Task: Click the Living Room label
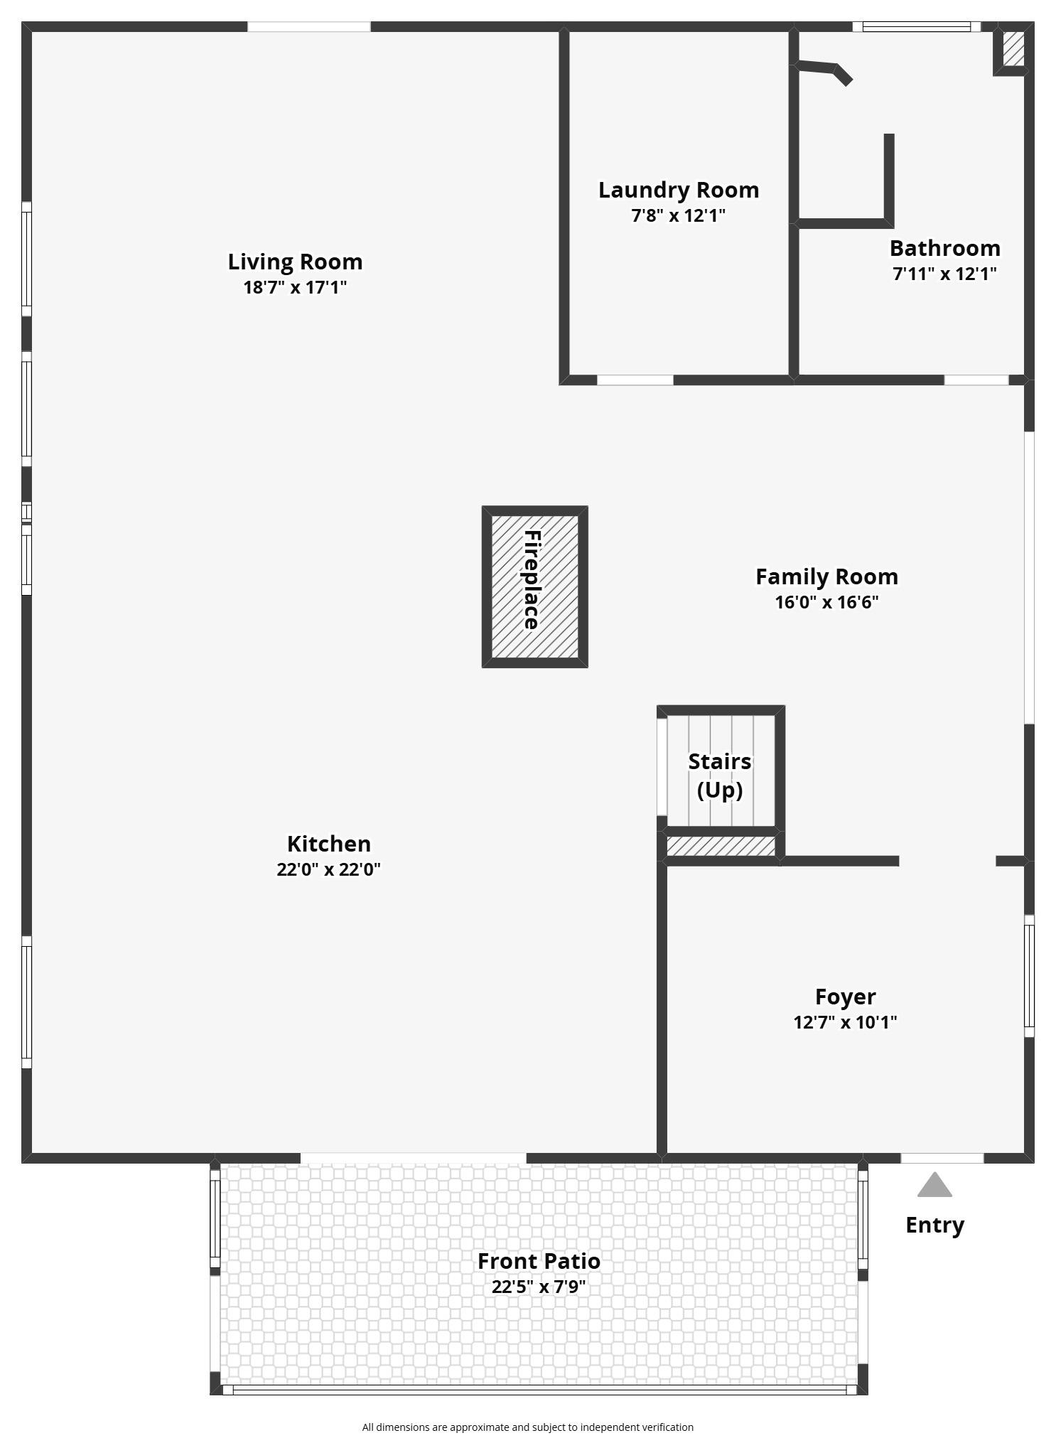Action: coord(295,262)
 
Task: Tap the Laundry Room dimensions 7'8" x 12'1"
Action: coord(679,215)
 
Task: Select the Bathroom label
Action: coord(944,248)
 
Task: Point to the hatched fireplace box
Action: coord(534,586)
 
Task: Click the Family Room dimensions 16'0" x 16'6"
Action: coord(826,602)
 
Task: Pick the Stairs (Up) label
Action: coord(720,776)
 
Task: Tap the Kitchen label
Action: coord(329,844)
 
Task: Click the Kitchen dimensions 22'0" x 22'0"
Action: coord(329,869)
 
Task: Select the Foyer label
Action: coord(845,997)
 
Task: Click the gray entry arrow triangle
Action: coord(934,1186)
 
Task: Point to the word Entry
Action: coord(934,1225)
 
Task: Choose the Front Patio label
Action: coord(539,1261)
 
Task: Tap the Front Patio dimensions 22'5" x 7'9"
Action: coord(539,1287)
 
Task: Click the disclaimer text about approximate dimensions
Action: coord(527,1427)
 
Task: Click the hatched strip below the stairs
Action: coord(721,847)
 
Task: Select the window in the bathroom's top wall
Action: coord(917,27)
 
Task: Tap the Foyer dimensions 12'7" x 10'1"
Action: coord(845,1022)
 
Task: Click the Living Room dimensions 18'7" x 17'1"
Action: coord(295,287)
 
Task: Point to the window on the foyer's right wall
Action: coord(1029,976)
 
